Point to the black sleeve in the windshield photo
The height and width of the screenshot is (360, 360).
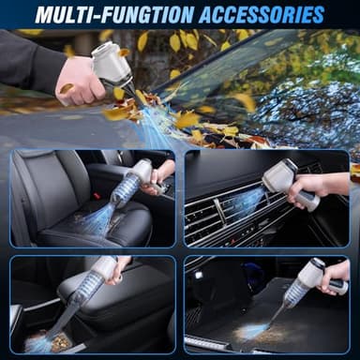point(28,61)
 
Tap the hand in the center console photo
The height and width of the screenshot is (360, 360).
point(118,272)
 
